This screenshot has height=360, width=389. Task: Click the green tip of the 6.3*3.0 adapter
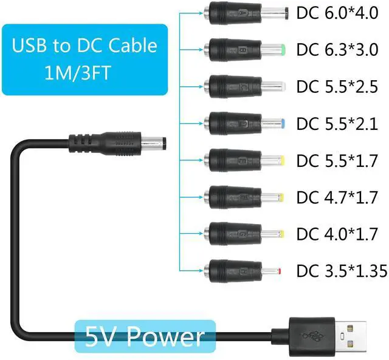tap(283, 47)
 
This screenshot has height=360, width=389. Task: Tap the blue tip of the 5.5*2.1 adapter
tap(284, 123)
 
